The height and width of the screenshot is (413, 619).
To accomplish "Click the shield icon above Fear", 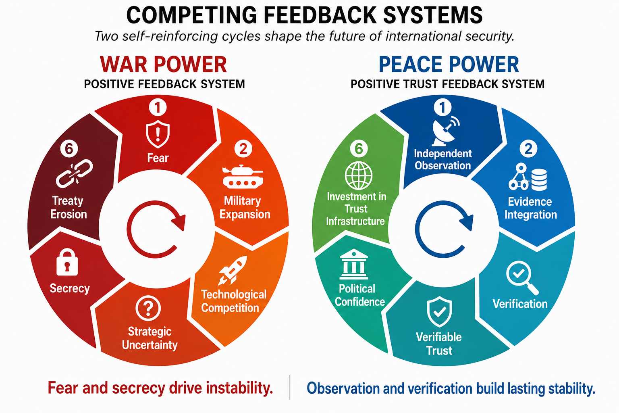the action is pyautogui.click(x=158, y=134).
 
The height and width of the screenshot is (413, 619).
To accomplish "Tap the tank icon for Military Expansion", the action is pyautogui.click(x=243, y=177).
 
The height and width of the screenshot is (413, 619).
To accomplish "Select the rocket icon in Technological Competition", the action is pyautogui.click(x=233, y=270).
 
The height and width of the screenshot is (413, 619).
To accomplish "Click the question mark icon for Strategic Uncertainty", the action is pyautogui.click(x=148, y=308).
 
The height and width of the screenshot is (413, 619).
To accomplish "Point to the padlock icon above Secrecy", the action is pyautogui.click(x=67, y=262).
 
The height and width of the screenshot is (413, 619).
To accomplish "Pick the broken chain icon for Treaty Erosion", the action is pyautogui.click(x=74, y=173).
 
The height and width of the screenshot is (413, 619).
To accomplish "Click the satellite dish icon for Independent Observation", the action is pyautogui.click(x=445, y=131).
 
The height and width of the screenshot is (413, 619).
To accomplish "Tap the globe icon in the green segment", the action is pyautogui.click(x=358, y=176).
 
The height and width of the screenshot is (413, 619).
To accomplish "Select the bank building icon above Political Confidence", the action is pyautogui.click(x=354, y=264).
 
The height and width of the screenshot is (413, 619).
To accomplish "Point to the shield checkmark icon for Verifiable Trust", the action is pyautogui.click(x=439, y=312).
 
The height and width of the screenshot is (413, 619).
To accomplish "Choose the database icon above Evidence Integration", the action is pyautogui.click(x=539, y=180).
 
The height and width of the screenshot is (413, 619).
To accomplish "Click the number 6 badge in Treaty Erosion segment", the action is pyautogui.click(x=69, y=149).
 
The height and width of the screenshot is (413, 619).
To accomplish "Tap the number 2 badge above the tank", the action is pyautogui.click(x=243, y=149).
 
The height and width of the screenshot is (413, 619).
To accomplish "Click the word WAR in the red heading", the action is pyautogui.click(x=124, y=65).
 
